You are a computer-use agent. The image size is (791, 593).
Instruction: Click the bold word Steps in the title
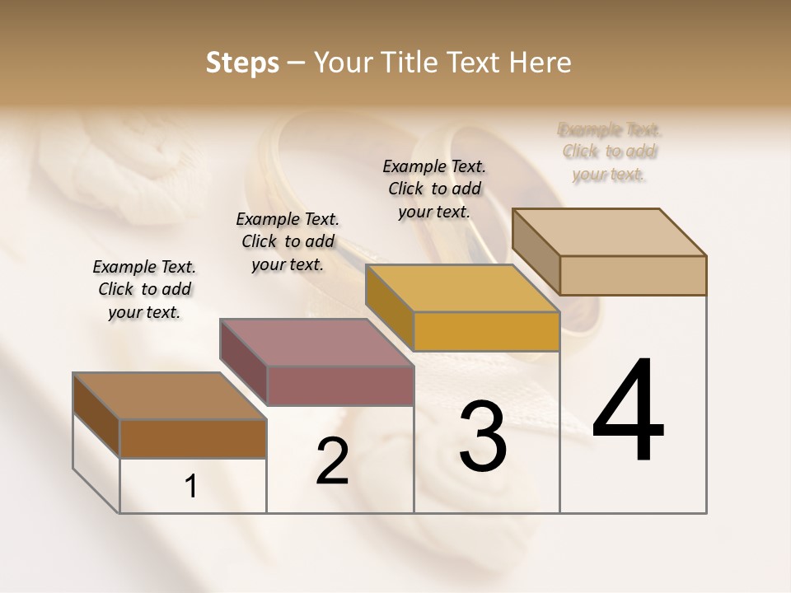coord(242,63)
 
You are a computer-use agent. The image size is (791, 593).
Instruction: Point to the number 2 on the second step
coord(332,461)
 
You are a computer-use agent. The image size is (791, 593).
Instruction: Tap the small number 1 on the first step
coord(191,487)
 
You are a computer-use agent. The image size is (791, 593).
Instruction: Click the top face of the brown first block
coord(170,396)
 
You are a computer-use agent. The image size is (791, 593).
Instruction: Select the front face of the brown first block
coord(193,438)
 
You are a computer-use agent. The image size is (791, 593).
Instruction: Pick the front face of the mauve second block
coord(339,385)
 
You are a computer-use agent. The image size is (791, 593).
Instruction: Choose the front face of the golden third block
coord(486,331)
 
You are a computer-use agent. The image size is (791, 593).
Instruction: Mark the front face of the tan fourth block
coord(633,275)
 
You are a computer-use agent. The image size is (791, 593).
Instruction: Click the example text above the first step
coord(144,289)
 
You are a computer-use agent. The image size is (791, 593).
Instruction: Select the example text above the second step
coord(288,241)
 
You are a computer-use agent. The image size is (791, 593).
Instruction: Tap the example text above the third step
coord(434,189)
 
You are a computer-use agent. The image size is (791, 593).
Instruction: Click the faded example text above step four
coord(610,152)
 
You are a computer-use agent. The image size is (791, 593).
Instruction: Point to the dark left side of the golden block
coord(389,301)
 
